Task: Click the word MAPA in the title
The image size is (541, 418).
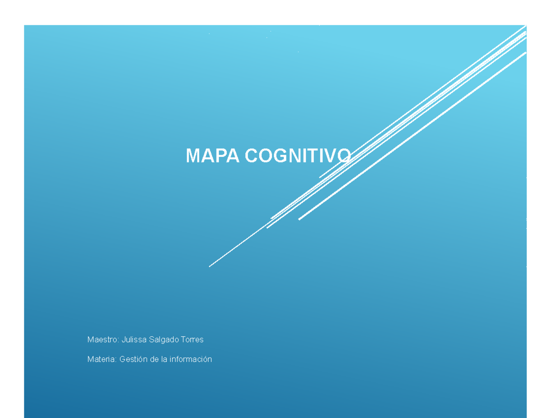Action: click(213, 156)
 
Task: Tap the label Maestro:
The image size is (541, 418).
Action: click(103, 340)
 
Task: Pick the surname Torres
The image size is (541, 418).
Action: click(192, 340)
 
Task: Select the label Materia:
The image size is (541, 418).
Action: click(102, 359)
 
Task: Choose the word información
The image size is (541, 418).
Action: click(191, 359)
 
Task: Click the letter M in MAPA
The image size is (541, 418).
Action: click(193, 156)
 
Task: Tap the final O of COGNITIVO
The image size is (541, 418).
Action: click(344, 156)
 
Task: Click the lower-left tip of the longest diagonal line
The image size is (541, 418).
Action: click(210, 266)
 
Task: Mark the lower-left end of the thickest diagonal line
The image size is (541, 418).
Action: click(299, 219)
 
